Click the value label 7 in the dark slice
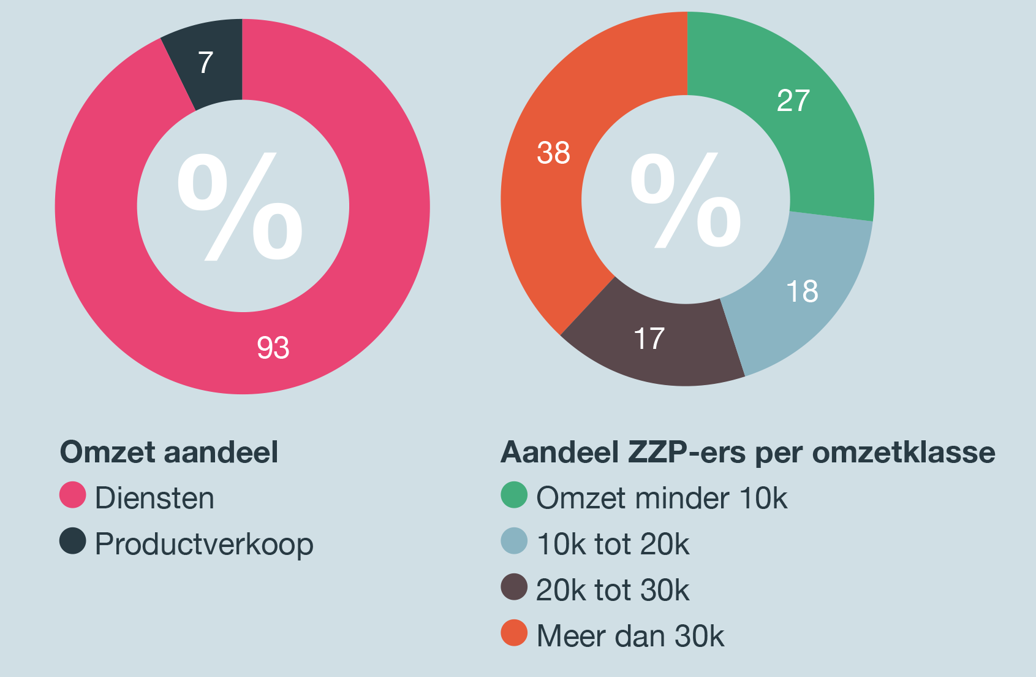206,63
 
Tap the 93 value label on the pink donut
273,348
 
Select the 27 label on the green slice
793,101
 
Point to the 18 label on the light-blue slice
802,291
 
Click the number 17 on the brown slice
649,338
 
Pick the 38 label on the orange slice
553,153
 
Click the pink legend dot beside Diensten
72,495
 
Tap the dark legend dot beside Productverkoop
72,541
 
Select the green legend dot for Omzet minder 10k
514,495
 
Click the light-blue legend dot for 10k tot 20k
514,541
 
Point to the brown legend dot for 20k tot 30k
514,587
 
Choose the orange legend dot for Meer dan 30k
514,633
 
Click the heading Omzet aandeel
169,453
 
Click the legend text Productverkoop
204,545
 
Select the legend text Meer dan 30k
630,636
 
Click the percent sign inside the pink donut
240,207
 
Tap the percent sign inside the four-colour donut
686,200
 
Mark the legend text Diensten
154,498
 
